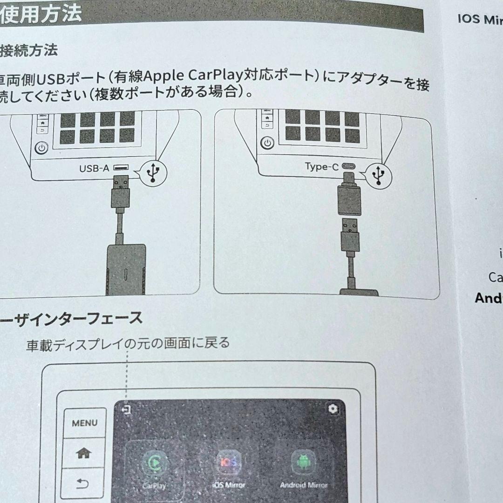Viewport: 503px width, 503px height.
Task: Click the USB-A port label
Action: (x=95, y=168)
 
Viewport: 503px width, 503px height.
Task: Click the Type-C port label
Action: (x=322, y=166)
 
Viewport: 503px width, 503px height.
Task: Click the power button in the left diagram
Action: (x=42, y=149)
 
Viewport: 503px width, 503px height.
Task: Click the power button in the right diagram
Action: (x=267, y=143)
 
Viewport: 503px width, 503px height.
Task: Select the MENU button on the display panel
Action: (x=85, y=423)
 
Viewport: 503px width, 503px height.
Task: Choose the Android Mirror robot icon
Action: (x=303, y=461)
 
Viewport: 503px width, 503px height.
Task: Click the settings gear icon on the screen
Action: (x=333, y=409)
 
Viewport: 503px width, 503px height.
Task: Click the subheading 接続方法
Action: (x=29, y=50)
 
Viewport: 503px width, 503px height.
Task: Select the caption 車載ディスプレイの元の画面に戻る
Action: (x=128, y=344)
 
